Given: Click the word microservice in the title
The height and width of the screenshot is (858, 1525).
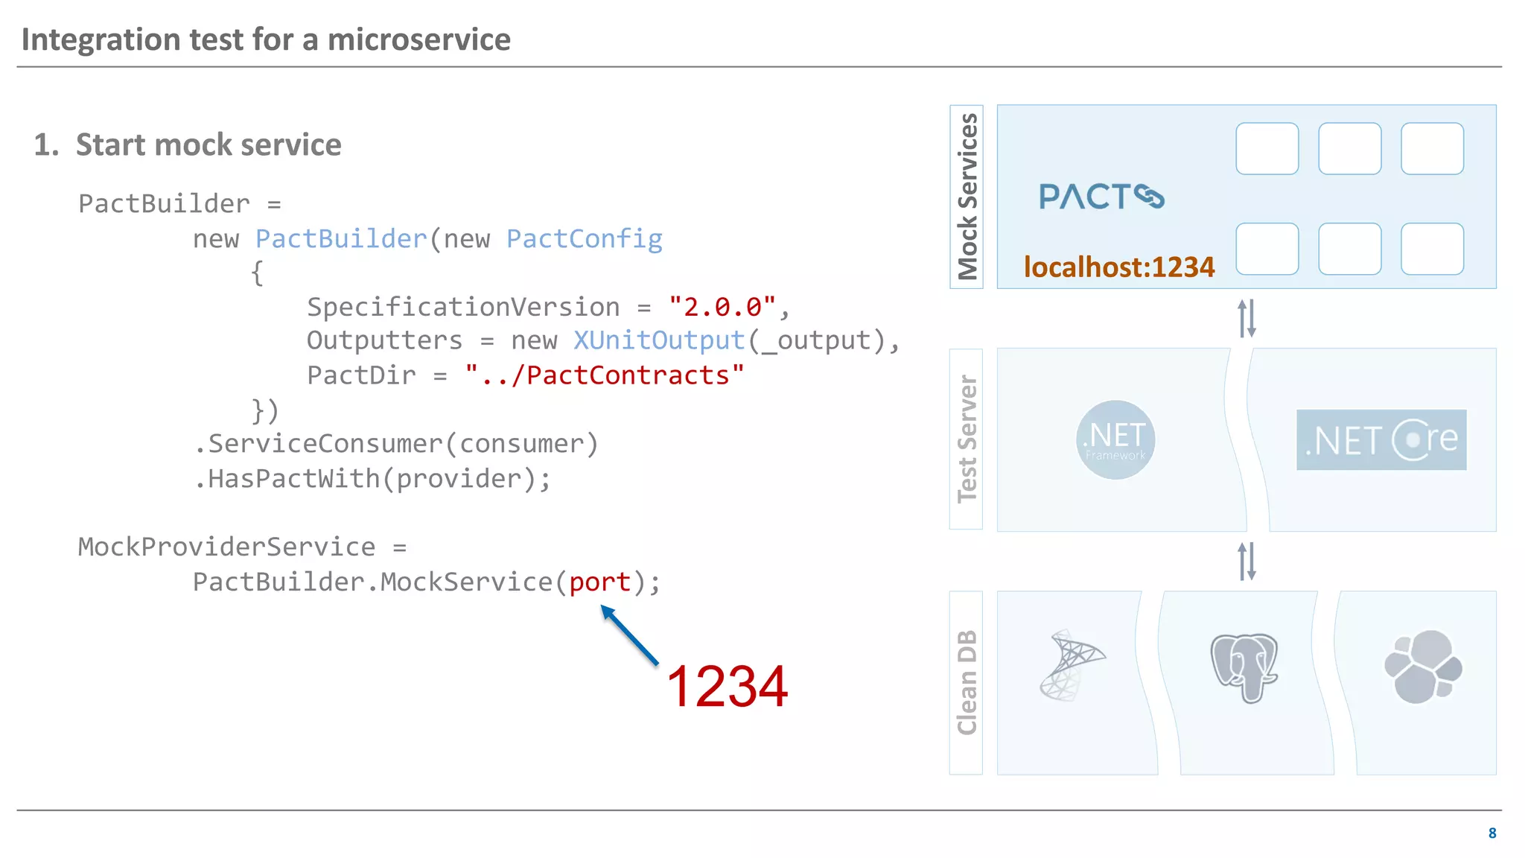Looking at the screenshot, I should (418, 39).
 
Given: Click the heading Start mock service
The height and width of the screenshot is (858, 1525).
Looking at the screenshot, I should (208, 144).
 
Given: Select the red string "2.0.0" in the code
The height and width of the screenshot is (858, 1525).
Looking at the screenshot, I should (722, 307).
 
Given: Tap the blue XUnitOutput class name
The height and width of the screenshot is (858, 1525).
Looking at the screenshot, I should (659, 340).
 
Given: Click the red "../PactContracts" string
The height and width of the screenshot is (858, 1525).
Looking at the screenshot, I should (604, 375).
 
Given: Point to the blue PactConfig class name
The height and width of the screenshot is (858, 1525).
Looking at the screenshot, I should (584, 239).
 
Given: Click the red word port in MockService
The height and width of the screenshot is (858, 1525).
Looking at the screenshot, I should (599, 582).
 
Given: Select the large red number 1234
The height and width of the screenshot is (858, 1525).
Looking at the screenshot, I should (727, 686).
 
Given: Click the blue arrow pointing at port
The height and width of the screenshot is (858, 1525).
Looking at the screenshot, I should (630, 635).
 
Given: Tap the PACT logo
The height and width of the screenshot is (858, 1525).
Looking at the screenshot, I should (1101, 197).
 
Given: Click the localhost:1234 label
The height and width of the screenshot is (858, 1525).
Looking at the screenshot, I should (1118, 267).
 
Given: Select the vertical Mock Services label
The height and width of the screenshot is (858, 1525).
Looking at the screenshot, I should (967, 197).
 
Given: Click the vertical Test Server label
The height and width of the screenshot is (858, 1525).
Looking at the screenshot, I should (967, 439).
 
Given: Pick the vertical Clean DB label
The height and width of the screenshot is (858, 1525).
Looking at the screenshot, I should (967, 682).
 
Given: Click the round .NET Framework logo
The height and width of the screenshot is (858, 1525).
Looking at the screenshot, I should (1115, 439).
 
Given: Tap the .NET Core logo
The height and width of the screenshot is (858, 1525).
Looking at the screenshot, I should (1381, 439).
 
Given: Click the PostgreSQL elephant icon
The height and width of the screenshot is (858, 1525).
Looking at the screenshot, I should (1244, 667).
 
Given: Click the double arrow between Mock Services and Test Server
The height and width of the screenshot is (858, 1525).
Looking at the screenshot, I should (1247, 318).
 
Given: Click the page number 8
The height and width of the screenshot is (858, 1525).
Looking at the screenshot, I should (1491, 833).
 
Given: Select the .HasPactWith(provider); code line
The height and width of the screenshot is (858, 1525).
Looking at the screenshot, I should (372, 479).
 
